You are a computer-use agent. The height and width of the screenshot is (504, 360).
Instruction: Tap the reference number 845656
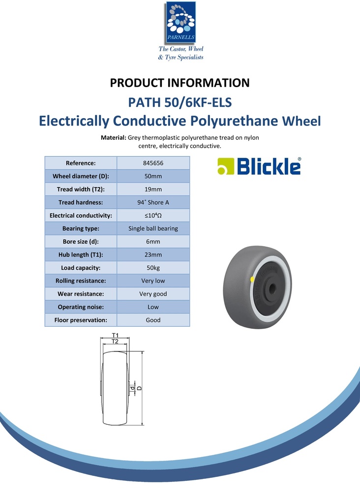[153, 163]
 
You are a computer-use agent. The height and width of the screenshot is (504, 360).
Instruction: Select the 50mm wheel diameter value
[153, 176]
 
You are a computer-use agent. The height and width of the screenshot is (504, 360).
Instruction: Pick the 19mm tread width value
[153, 189]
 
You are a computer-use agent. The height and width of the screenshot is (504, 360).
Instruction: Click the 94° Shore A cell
[153, 202]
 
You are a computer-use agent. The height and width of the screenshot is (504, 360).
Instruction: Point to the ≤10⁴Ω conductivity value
[153, 216]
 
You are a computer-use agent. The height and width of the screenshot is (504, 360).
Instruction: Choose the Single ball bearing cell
[153, 228]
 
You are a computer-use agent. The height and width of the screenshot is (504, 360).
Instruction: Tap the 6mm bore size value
[153, 242]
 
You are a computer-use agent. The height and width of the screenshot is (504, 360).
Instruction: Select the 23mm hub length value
[153, 254]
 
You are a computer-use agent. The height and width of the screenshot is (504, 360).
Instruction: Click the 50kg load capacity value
[153, 268]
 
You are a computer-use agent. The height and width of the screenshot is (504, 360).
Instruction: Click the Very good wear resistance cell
[153, 294]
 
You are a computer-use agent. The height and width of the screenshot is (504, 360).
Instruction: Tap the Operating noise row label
[81, 307]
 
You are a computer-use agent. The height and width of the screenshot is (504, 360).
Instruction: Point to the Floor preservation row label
[81, 320]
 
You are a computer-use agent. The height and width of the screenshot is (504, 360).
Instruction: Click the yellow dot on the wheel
[253, 280]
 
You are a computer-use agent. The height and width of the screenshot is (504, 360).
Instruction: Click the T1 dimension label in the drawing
[115, 335]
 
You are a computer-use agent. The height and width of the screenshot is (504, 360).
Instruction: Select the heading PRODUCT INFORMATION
[180, 83]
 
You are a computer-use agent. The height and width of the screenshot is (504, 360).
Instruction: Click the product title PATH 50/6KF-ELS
[180, 103]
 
